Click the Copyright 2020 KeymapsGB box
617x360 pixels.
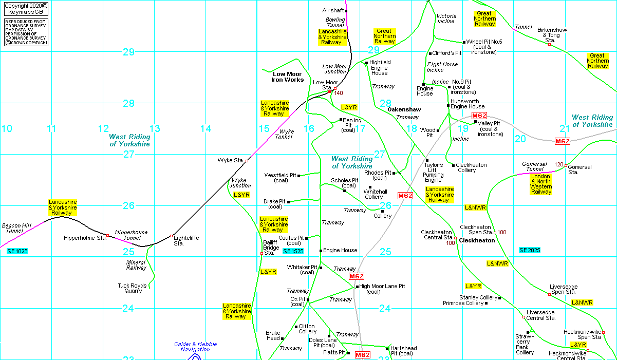[x=26, y=9]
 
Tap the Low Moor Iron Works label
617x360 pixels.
[x=287, y=77]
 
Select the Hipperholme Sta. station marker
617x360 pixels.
[x=108, y=236]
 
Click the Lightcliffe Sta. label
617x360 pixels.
[x=186, y=240]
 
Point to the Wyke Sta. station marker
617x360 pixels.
[x=247, y=161]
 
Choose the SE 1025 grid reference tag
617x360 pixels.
[x=17, y=251]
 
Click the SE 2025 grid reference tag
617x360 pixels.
[x=530, y=250]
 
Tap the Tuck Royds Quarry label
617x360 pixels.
[x=132, y=288]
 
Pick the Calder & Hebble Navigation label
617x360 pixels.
[x=195, y=347]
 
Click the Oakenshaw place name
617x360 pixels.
[x=404, y=109]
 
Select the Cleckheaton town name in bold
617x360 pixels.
[x=477, y=240]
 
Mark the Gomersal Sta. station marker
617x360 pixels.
[x=566, y=165]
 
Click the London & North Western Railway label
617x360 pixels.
[x=540, y=184]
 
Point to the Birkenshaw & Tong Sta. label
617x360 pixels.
[x=552, y=35]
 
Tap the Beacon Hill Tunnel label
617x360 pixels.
[x=16, y=228]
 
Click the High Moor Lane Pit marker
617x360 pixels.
[x=357, y=287]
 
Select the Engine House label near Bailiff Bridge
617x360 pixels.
[x=340, y=250]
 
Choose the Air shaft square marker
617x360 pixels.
[x=346, y=11]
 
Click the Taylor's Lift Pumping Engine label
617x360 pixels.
[x=433, y=173]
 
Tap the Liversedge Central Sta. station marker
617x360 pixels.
[x=523, y=317]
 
